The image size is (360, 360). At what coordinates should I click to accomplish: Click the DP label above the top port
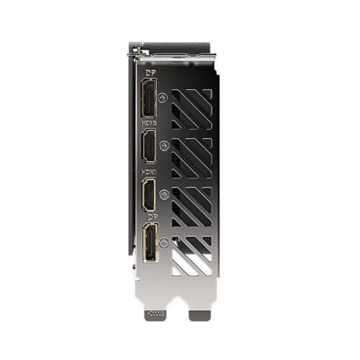pyautogui.click(x=150, y=73)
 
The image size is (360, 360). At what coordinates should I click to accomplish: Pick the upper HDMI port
pyautogui.click(x=150, y=148)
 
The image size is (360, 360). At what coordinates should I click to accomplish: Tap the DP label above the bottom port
pyautogui.click(x=150, y=216)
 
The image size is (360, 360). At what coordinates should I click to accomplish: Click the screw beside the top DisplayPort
pyautogui.click(x=165, y=98)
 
